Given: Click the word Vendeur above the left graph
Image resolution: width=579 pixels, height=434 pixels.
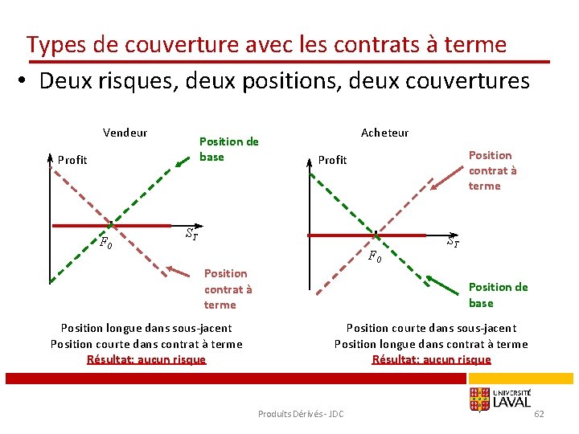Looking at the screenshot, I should coord(125,133).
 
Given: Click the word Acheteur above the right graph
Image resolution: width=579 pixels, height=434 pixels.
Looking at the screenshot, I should coord(384,133).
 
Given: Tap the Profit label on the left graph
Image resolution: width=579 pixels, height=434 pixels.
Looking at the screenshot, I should coord(72,160).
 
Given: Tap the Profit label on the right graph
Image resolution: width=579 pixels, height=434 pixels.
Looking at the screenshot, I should coord(332,160).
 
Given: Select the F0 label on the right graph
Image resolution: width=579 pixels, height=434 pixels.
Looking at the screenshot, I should coord(375,257).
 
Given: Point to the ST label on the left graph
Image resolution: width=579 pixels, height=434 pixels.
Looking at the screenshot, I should coord(191,235).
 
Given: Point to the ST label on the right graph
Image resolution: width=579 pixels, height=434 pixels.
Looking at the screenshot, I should coord(453,240).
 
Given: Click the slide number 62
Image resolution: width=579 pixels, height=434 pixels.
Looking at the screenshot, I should coord(539,413).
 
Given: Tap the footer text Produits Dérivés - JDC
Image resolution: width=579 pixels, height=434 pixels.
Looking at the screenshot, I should coord(301,413).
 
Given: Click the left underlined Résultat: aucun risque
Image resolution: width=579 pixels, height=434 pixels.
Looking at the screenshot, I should coord(146,359).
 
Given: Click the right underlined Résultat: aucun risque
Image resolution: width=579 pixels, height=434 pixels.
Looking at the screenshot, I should coord(431,359).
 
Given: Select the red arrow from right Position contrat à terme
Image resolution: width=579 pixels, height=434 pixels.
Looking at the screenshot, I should coord(446,182).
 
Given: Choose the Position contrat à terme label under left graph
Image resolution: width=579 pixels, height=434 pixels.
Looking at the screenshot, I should coord(228,289).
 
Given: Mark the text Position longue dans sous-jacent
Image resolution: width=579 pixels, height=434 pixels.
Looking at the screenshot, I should coord(146,328).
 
